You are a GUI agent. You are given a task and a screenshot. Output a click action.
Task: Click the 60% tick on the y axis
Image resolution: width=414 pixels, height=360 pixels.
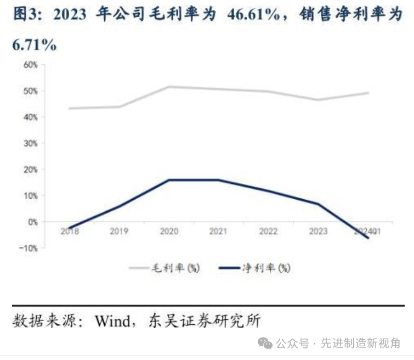pos(30,65)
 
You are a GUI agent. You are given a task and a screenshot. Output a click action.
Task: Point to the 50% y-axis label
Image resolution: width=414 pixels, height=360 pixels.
pos(30,91)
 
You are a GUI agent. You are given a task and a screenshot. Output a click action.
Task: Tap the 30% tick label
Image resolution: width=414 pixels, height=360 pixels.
pos(30,143)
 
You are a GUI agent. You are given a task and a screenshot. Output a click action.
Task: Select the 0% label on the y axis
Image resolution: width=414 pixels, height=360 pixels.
pos(32,222)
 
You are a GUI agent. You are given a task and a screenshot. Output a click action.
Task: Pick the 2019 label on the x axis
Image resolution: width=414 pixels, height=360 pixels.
pos(120,232)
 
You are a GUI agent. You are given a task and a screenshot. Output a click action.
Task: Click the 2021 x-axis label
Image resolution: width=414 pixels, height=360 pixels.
pos(218,232)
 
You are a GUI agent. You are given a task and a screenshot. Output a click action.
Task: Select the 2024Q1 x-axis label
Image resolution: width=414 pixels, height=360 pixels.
pos(367,232)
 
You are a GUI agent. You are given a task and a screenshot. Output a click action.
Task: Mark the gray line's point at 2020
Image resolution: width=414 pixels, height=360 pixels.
pos(168,87)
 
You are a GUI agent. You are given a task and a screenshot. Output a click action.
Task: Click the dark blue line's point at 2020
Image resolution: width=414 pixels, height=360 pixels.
pos(168,180)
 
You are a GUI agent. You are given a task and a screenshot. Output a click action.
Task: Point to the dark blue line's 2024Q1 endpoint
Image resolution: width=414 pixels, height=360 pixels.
pos(368,238)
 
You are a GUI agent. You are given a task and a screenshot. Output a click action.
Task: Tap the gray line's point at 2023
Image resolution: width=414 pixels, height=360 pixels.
pos(318,100)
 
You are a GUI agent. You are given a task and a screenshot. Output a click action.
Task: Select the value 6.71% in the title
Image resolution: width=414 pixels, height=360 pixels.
pos(34,45)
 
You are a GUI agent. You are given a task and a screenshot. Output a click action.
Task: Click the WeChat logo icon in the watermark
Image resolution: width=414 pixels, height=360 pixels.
pos(265,344)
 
